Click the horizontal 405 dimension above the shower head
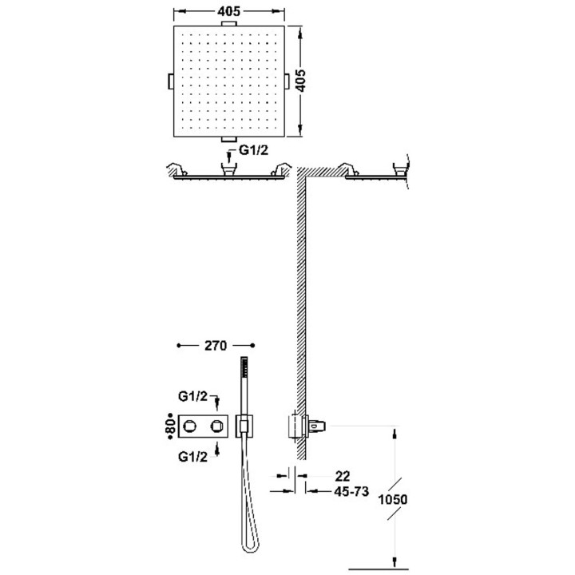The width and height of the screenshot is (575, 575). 228,11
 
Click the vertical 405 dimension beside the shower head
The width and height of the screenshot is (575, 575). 300,81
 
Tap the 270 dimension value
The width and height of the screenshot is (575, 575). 216,346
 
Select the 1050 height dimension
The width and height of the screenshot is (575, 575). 393,499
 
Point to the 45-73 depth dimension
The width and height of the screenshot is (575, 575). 351,491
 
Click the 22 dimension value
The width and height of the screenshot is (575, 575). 343,476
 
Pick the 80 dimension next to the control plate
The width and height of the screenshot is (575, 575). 170,426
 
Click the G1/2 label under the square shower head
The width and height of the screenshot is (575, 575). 253,150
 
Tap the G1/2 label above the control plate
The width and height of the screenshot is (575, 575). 192,396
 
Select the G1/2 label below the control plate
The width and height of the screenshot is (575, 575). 192,457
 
